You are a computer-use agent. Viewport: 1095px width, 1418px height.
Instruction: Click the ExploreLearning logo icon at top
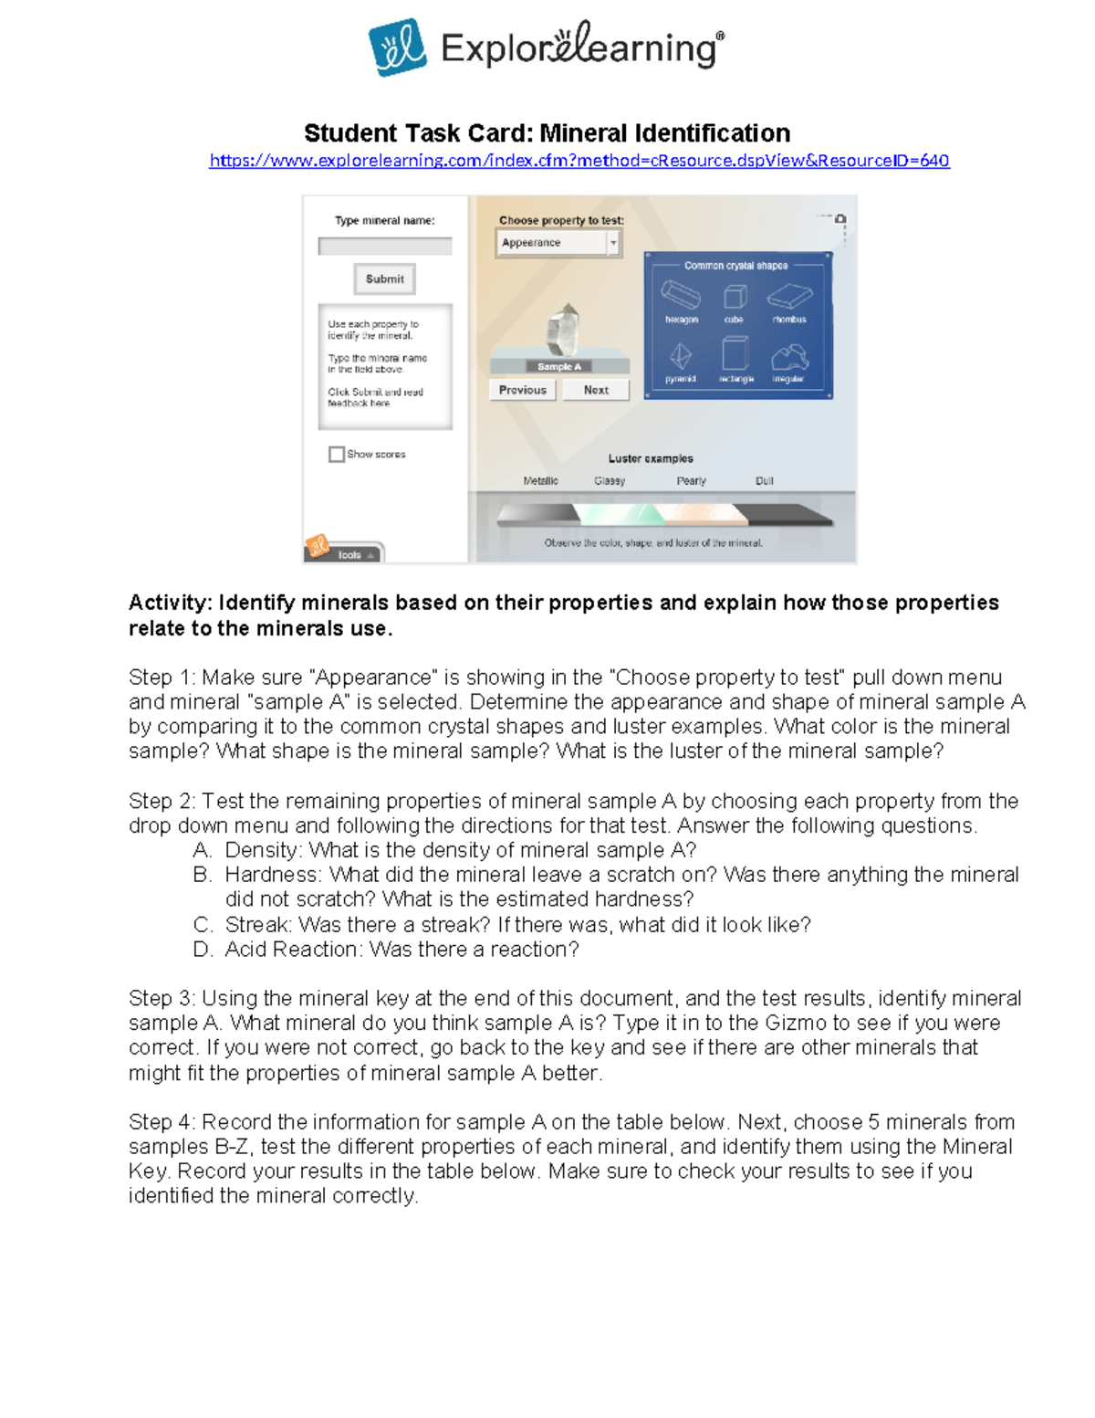[x=397, y=47]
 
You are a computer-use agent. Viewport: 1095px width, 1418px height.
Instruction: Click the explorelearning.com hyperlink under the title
[x=579, y=161]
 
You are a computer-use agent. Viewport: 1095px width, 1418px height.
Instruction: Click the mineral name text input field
[x=385, y=247]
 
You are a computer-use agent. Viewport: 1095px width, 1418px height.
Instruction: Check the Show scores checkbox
[x=337, y=454]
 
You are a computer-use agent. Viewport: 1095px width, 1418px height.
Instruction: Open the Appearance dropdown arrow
[x=613, y=243]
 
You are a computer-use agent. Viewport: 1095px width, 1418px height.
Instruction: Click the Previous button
[x=522, y=390]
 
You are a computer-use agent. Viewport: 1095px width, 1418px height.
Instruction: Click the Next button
[x=596, y=390]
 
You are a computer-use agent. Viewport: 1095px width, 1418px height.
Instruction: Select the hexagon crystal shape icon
[x=681, y=296]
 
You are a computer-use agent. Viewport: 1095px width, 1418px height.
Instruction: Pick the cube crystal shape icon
[x=735, y=297]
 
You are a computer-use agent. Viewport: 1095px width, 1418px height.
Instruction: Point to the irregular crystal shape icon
[x=788, y=357]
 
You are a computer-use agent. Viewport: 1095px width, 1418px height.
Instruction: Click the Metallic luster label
[x=540, y=481]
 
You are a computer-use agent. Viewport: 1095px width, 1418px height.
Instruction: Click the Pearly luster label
[x=691, y=481]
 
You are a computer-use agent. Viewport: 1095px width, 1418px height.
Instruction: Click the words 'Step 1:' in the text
[x=162, y=677]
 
